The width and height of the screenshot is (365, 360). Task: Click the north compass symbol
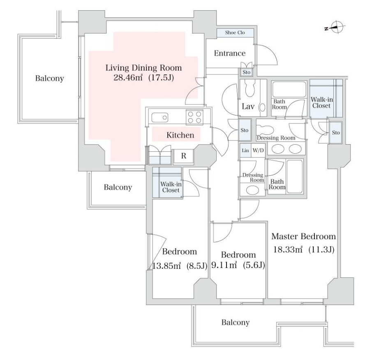pos(335,28)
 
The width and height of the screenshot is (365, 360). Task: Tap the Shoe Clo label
pos(235,32)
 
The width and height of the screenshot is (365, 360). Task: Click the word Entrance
pos(230,53)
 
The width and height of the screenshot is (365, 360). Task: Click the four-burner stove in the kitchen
pos(194,117)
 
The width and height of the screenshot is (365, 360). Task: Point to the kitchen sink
pos(159,117)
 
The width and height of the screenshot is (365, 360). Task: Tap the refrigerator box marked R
pos(184,156)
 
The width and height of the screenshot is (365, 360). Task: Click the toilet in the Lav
pos(249,88)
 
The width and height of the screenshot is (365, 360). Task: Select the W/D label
pos(258,150)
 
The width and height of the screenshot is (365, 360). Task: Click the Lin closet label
pos(245,150)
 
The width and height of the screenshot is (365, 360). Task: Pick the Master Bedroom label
pos(303,236)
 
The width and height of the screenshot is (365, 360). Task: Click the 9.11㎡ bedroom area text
pos(224,265)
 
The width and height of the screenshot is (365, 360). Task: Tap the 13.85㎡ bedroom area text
pos(166,265)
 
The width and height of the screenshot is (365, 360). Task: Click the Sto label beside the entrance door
pos(247,72)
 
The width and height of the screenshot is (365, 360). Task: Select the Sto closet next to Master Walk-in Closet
pos(335,132)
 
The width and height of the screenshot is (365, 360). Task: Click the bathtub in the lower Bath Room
pos(295,176)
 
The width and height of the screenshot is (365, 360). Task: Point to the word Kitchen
pos(180,135)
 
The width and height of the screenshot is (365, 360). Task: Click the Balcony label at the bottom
pos(236,322)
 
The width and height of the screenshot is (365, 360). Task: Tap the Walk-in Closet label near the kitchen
pos(171,187)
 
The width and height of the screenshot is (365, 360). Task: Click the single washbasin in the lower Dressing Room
pos(252,190)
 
